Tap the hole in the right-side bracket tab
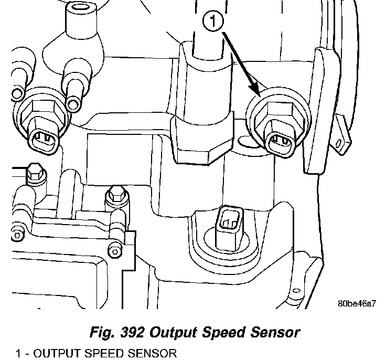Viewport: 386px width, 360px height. tap(344, 142)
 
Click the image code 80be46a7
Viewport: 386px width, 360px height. tap(357, 303)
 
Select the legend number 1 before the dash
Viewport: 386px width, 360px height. tap(19, 354)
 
